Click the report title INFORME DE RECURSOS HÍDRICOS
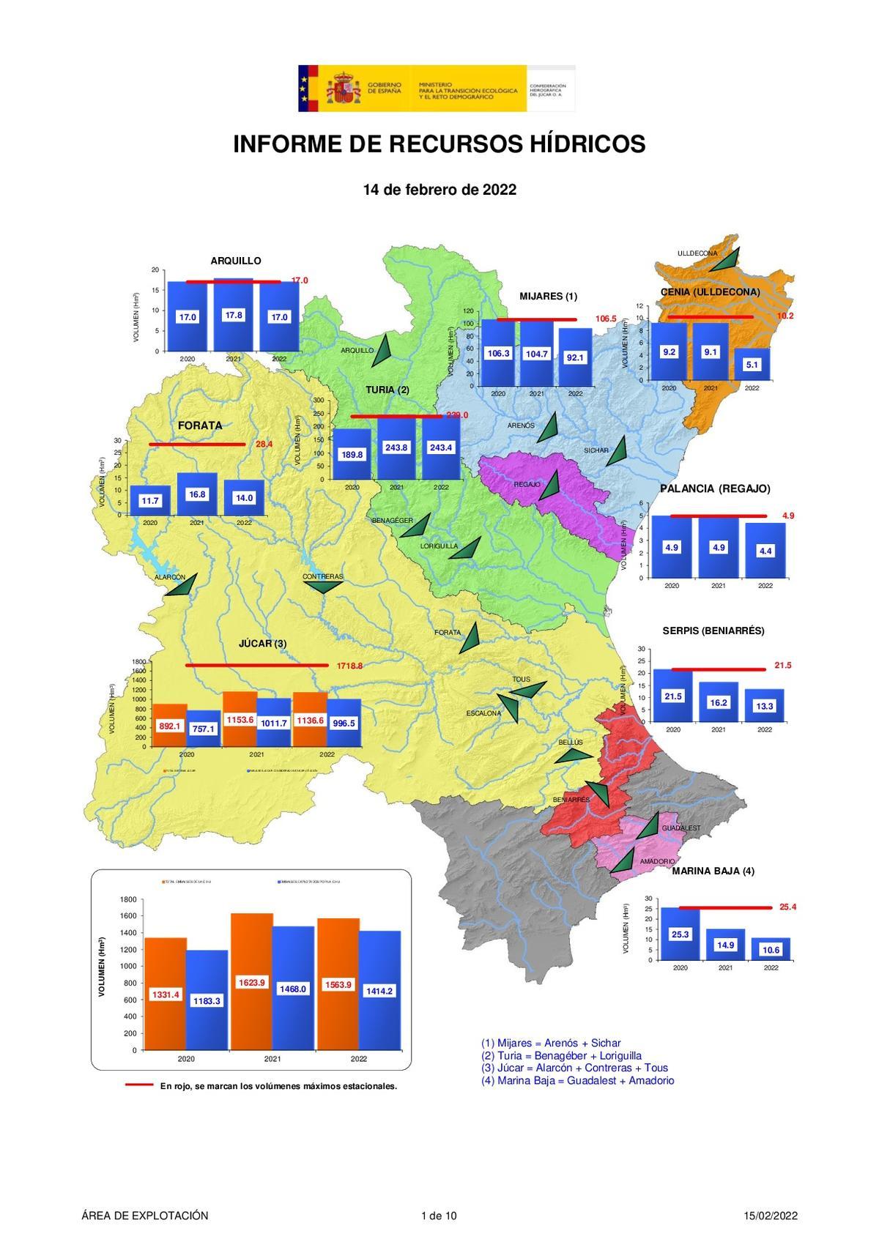[439, 144]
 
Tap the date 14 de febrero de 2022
[439, 190]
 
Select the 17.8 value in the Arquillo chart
[234, 315]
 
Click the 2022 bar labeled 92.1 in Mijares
[575, 357]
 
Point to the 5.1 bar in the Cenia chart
[752, 364]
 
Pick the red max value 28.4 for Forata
[264, 445]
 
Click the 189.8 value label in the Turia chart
[352, 455]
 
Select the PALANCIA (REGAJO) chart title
[714, 488]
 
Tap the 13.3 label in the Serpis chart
[765, 706]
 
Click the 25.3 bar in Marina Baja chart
[680, 934]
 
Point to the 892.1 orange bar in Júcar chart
[170, 726]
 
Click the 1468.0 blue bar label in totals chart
[293, 989]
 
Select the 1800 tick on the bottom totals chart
[129, 899]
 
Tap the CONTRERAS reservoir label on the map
[322, 577]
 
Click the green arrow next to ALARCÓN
[182, 585]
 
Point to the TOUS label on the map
[521, 680]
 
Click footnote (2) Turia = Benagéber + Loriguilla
[561, 1055]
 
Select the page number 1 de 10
[439, 1216]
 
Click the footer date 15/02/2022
[770, 1216]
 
